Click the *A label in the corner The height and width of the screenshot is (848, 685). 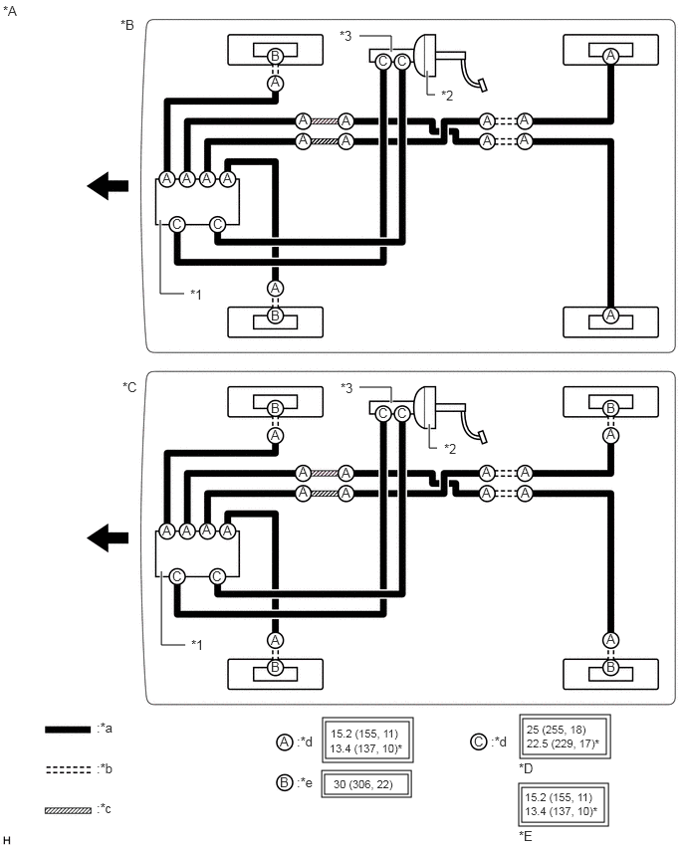pos(10,11)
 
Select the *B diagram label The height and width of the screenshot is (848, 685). pos(127,25)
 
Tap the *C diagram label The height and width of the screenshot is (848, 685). pos(129,387)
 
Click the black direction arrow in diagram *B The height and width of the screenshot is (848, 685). pos(108,186)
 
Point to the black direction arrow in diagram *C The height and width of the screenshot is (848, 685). pos(108,538)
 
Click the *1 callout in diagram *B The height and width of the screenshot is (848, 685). pos(196,295)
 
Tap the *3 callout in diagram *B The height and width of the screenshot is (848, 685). pos(345,36)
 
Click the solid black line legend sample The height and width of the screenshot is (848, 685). pos(68,730)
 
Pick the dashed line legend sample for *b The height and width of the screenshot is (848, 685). pos(68,769)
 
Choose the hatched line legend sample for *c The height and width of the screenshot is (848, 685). pos(68,810)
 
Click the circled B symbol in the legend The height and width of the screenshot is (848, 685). pos(285,782)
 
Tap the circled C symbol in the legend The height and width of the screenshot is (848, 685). pos(478,742)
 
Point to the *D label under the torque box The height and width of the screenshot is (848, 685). pos(526,768)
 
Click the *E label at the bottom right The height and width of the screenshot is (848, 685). pos(526,836)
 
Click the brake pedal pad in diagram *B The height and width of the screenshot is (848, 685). pos(481,85)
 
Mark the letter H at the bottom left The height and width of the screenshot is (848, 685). pos(7,840)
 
